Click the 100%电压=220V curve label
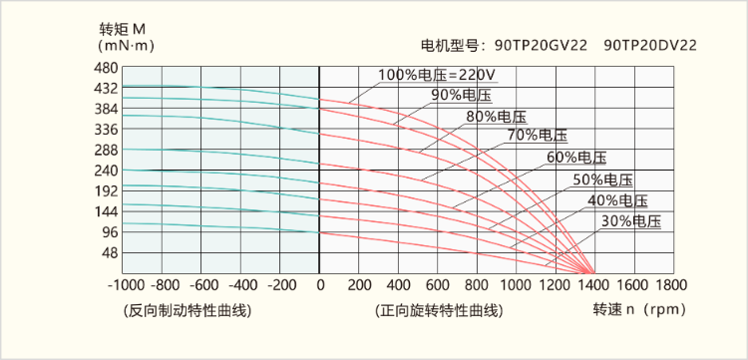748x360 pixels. (x=438, y=75)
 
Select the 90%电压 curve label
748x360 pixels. (x=461, y=95)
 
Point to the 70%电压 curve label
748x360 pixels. (x=537, y=135)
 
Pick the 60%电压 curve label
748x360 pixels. (x=576, y=158)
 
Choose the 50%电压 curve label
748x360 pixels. (x=603, y=180)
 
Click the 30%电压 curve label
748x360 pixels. (x=632, y=220)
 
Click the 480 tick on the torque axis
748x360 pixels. (x=105, y=68)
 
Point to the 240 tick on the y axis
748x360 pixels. (x=105, y=171)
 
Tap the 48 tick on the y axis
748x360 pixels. (x=109, y=252)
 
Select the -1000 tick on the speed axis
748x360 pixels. (x=124, y=285)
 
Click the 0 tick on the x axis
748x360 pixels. (x=320, y=285)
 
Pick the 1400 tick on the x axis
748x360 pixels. (x=593, y=285)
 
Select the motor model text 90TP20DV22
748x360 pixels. (x=650, y=45)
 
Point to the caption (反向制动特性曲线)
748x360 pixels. (x=187, y=310)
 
